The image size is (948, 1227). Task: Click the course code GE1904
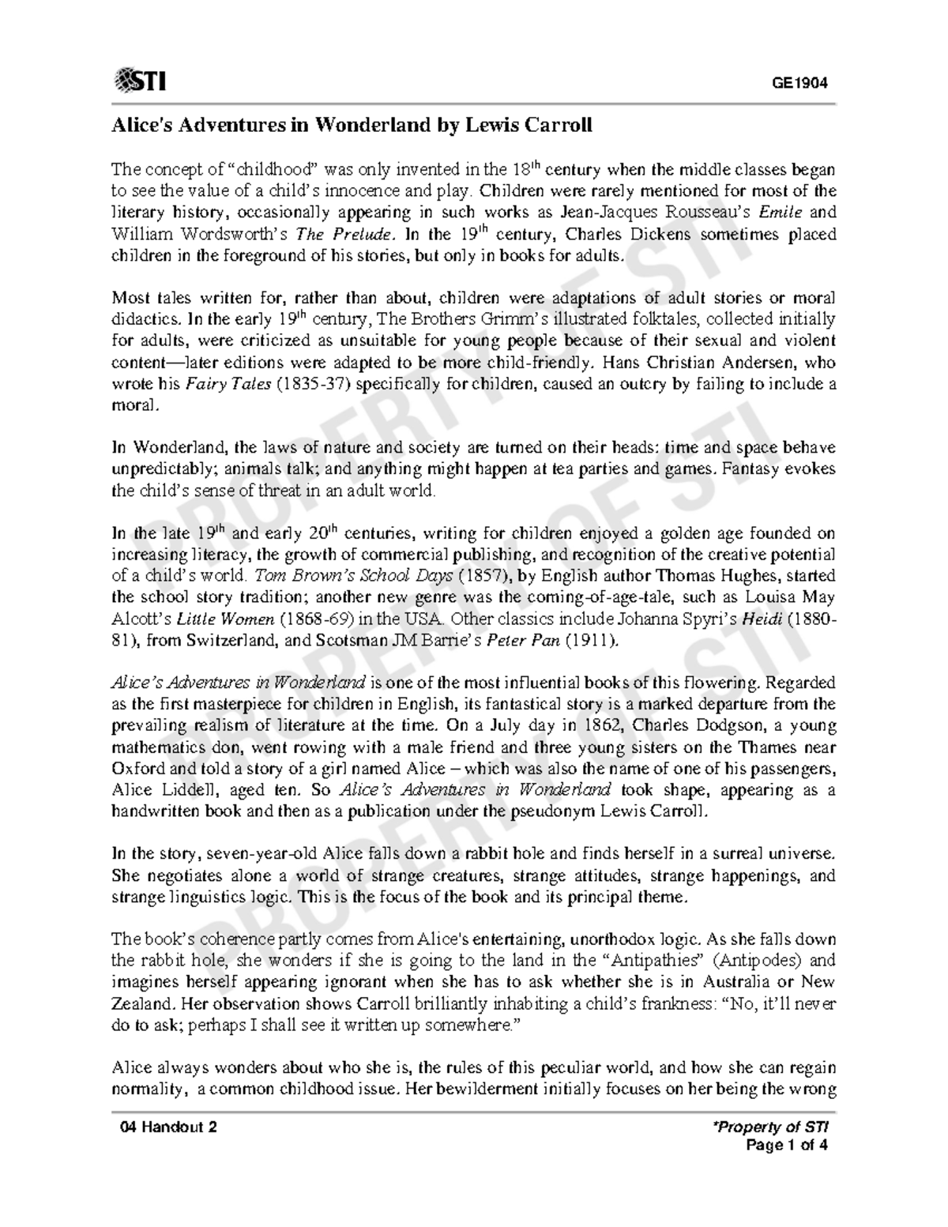[799, 85]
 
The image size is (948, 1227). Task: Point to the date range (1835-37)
[303, 384]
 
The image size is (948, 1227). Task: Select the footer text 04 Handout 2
[164, 1127]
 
